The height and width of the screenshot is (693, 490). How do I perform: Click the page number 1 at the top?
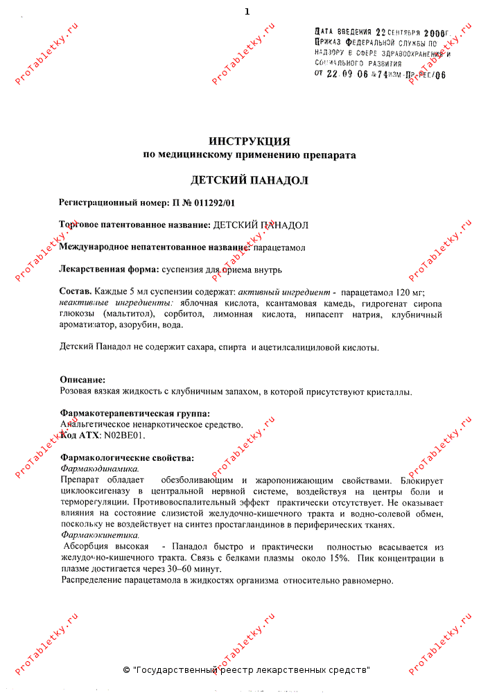[247, 12]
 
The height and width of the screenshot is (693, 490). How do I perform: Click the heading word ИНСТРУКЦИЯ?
[249, 141]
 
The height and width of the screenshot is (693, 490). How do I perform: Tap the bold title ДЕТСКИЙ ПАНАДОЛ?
[249, 180]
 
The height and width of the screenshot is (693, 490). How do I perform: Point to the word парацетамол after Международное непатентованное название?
[279, 247]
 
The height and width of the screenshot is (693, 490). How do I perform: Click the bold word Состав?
[75, 292]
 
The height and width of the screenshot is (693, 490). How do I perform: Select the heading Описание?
[82, 380]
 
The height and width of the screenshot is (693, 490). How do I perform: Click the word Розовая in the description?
[77, 392]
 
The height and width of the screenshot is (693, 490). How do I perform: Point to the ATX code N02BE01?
[124, 435]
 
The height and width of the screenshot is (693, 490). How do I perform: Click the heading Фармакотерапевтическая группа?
[134, 414]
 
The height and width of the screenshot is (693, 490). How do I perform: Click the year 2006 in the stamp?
[433, 32]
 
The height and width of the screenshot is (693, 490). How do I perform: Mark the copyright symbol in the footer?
[126, 670]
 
